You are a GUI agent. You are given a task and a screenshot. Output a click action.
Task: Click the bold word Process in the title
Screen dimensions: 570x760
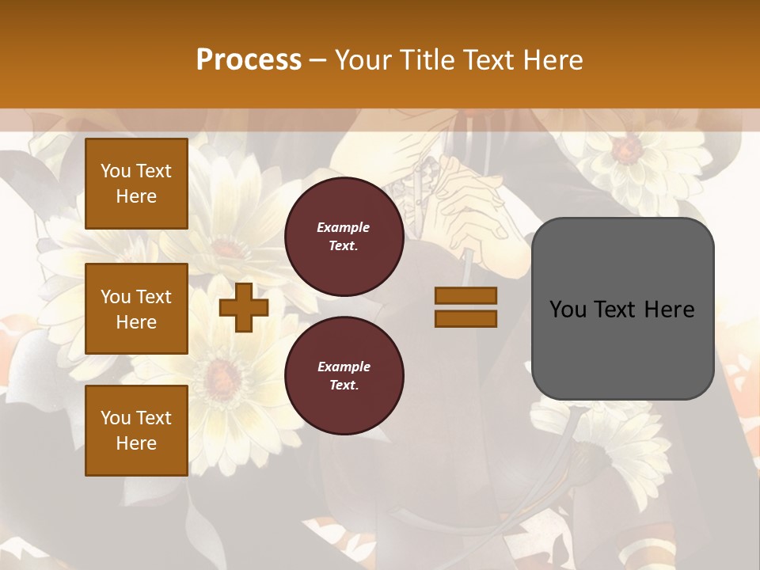tap(249, 60)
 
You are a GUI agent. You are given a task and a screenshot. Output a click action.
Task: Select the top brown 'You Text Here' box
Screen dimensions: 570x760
tap(136, 184)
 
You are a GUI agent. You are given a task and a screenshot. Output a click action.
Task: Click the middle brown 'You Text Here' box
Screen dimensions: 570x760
tap(136, 309)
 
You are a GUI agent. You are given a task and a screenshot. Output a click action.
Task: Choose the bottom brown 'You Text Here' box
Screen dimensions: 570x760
tap(136, 431)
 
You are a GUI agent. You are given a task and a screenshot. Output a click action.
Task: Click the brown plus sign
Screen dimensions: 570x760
tap(244, 308)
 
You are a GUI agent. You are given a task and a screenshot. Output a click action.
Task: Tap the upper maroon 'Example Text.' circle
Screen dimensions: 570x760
tap(344, 237)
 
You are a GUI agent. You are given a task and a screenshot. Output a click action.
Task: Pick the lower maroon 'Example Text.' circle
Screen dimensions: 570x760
tap(344, 376)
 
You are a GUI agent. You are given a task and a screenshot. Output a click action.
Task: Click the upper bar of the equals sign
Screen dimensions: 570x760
tap(465, 296)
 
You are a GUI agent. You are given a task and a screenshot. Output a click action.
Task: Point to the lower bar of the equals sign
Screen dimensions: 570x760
tap(465, 318)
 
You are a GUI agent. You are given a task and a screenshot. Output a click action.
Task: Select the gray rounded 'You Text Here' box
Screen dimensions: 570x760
tap(622, 309)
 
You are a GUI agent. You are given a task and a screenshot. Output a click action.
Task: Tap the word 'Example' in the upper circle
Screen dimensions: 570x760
tap(344, 228)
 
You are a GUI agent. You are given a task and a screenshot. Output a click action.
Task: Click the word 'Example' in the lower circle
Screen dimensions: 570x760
tap(344, 367)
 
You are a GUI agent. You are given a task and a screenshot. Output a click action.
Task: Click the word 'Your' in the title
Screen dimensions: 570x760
tap(363, 60)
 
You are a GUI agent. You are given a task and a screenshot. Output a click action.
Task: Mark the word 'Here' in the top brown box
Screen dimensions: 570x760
tap(136, 196)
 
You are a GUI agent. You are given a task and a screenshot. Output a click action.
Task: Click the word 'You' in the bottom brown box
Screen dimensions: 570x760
tap(115, 418)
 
